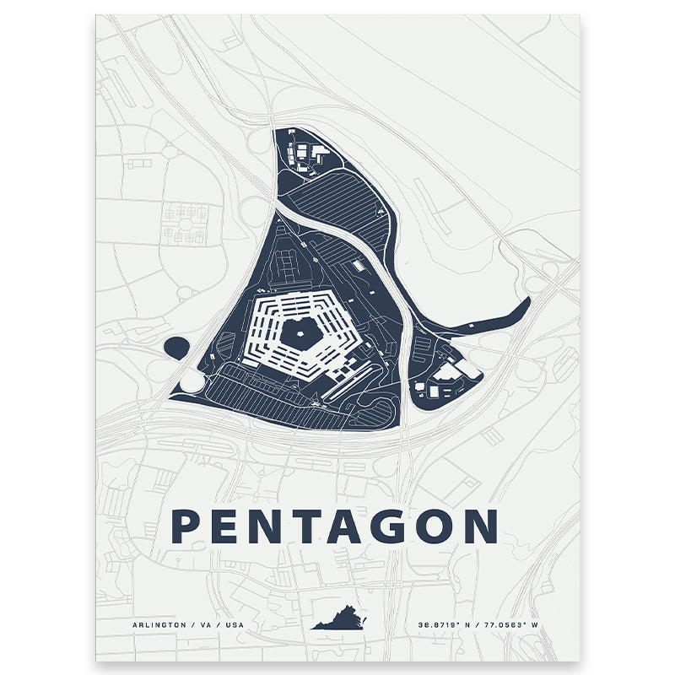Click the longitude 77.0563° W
pyautogui.click(x=516, y=624)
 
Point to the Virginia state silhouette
pyautogui.click(x=342, y=623)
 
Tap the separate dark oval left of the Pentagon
pyautogui.click(x=176, y=347)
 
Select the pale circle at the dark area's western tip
pyautogui.click(x=192, y=382)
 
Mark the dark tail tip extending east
pyautogui.click(x=523, y=304)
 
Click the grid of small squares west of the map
pyautogui.click(x=186, y=223)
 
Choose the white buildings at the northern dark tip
pyautogui.click(x=307, y=153)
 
